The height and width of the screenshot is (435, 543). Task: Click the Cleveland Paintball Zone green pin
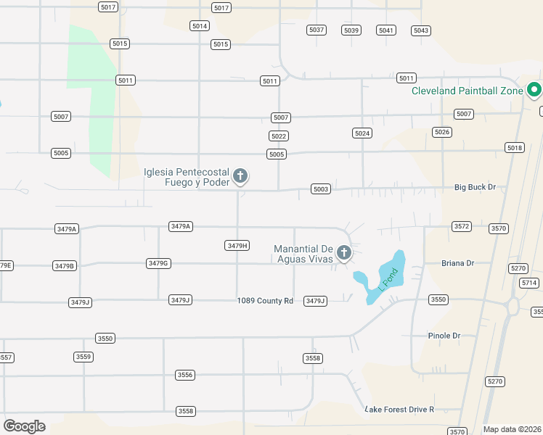pyautogui.click(x=534, y=90)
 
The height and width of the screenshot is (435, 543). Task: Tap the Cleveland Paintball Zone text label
pyautogui.click(x=467, y=91)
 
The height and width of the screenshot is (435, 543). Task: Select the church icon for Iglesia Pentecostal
pyautogui.click(x=240, y=175)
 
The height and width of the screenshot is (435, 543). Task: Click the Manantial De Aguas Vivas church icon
pyautogui.click(x=344, y=253)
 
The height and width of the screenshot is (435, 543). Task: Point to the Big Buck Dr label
pyautogui.click(x=475, y=187)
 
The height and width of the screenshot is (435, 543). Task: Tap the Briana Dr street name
pyautogui.click(x=457, y=263)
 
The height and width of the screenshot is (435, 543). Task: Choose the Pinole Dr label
pyautogui.click(x=445, y=336)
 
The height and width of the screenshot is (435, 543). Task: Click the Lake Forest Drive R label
pyautogui.click(x=399, y=410)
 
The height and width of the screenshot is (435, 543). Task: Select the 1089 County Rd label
pyautogui.click(x=265, y=301)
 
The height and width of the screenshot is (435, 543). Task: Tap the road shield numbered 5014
pyautogui.click(x=200, y=25)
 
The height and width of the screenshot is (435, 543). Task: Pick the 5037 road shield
pyautogui.click(x=317, y=30)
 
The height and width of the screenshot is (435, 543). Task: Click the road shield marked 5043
pyautogui.click(x=421, y=30)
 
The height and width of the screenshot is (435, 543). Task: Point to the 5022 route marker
pyautogui.click(x=278, y=136)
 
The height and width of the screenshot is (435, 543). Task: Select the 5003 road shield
pyautogui.click(x=321, y=189)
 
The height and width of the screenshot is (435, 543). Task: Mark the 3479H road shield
pyautogui.click(x=237, y=246)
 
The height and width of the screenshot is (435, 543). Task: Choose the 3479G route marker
pyautogui.click(x=158, y=263)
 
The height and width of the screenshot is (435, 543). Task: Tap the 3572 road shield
pyautogui.click(x=462, y=226)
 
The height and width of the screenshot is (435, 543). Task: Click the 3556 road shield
pyautogui.click(x=185, y=375)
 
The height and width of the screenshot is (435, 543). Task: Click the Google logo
pyautogui.click(x=24, y=426)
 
